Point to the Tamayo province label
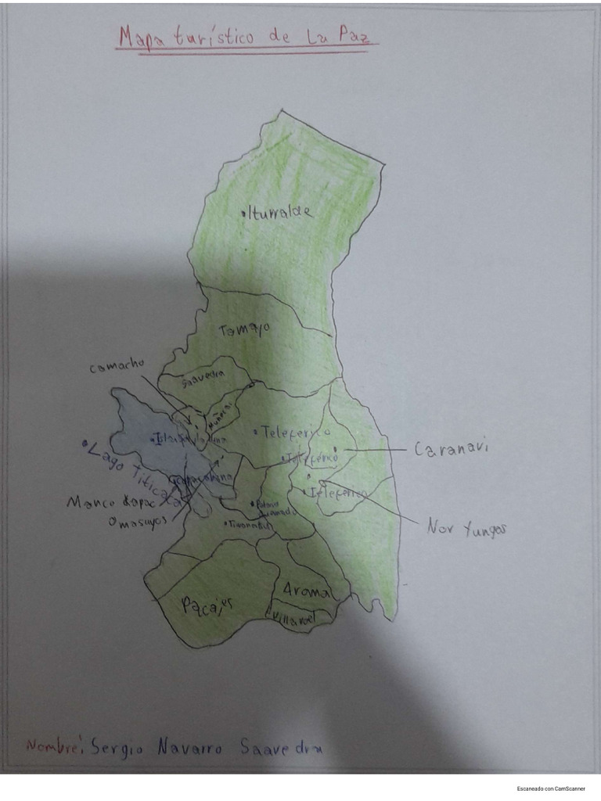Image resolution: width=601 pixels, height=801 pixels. pyautogui.click(x=244, y=329)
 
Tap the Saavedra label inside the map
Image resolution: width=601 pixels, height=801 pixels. pyautogui.click(x=203, y=383)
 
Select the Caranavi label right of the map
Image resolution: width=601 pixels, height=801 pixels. pyautogui.click(x=451, y=450)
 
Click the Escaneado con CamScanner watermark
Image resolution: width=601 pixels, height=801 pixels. pyautogui.click(x=550, y=788)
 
